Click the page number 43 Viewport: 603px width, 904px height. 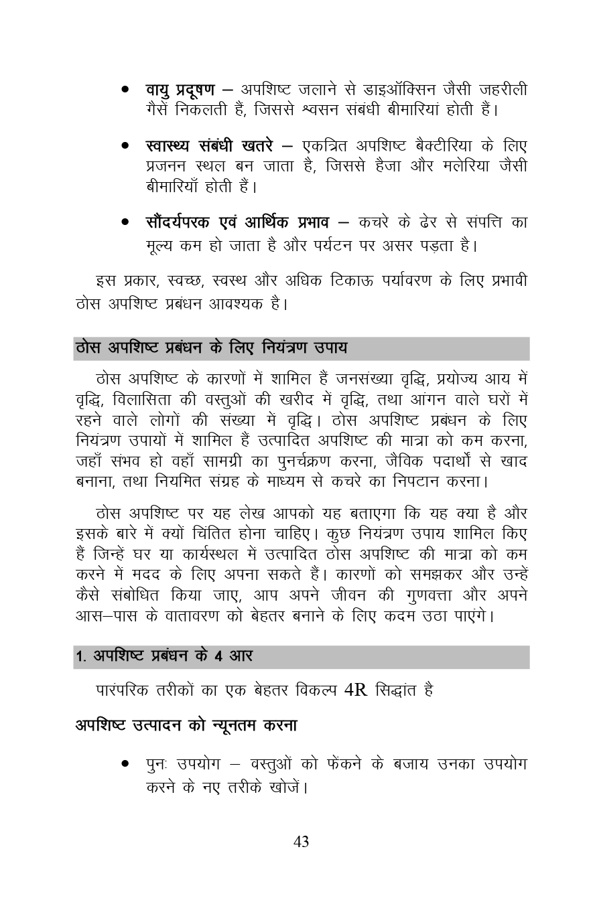click(x=301, y=842)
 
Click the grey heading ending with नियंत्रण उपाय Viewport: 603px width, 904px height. click(x=212, y=349)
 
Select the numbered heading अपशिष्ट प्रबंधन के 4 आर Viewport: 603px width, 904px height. click(x=164, y=657)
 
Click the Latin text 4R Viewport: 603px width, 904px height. click(x=355, y=690)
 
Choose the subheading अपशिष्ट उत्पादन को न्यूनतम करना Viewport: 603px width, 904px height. click(x=186, y=725)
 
